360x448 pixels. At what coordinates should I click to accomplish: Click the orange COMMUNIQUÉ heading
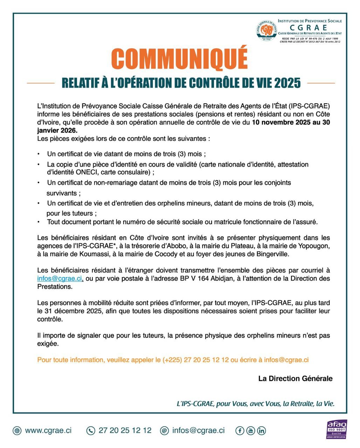(179, 58)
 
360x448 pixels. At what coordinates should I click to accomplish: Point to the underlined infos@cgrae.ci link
(60, 279)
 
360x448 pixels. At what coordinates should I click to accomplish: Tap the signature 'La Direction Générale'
(295, 378)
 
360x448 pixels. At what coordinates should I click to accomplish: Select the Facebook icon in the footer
(240, 430)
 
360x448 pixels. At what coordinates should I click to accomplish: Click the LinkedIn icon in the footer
(262, 430)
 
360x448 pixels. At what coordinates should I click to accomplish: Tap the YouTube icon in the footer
(250, 430)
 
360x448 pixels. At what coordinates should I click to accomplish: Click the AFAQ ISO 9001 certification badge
(336, 429)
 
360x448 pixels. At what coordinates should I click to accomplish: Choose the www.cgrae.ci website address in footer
(48, 430)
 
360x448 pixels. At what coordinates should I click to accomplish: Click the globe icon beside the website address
(17, 430)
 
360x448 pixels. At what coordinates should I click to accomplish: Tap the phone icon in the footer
(91, 430)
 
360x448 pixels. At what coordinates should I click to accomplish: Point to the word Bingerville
(274, 254)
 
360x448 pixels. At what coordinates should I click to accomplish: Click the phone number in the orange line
(195, 360)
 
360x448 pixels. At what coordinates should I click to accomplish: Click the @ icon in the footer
(164, 430)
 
